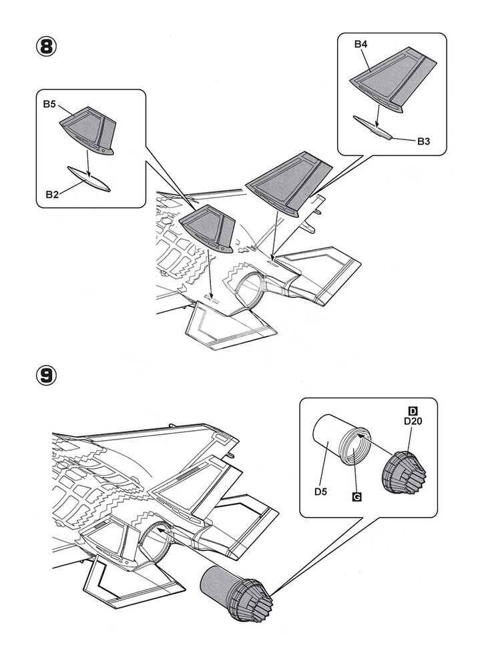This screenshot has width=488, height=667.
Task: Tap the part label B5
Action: click(x=51, y=103)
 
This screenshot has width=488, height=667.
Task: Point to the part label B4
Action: click(x=361, y=44)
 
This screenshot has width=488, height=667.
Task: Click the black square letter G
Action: click(x=356, y=497)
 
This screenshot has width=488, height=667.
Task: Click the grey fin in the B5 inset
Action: click(x=92, y=131)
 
